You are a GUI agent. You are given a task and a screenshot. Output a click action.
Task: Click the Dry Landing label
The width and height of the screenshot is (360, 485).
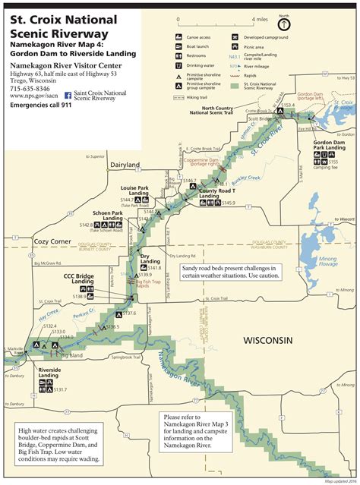click(x=150, y=259)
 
